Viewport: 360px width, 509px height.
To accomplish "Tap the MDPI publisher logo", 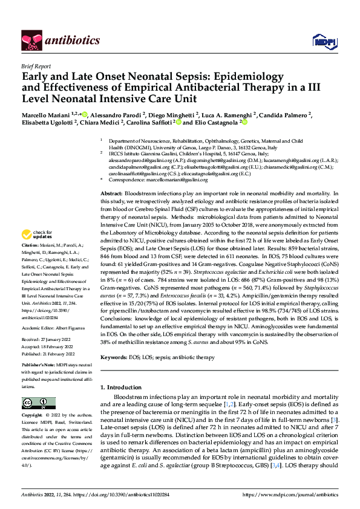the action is pos(321,41).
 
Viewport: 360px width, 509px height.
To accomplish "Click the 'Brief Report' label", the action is pos(36,65).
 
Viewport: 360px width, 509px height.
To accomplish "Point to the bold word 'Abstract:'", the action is pos(111,192).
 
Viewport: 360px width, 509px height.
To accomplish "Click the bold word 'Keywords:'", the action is pos(113,358).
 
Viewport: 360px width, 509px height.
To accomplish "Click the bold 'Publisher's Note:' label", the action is pos(38,349).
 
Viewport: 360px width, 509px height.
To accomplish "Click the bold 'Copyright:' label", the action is pos(32,416).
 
